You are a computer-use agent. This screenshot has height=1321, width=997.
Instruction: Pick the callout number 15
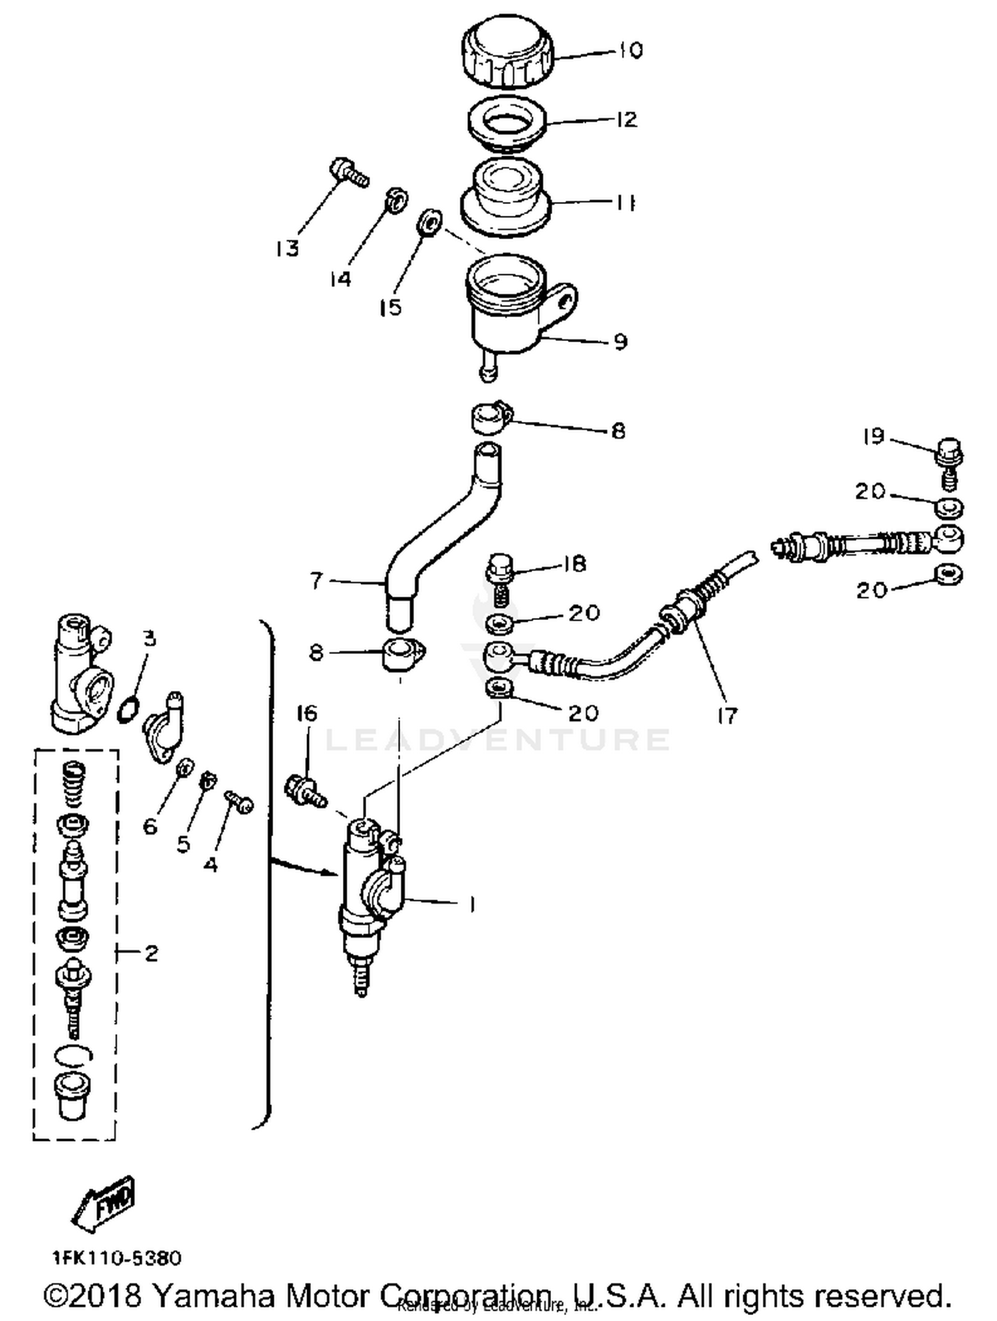coord(391,308)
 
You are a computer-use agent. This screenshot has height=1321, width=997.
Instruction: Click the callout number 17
coord(727,716)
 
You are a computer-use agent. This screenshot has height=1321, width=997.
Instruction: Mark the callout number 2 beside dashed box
coord(152,954)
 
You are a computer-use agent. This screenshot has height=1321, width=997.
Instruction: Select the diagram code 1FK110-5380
coord(116,1258)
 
